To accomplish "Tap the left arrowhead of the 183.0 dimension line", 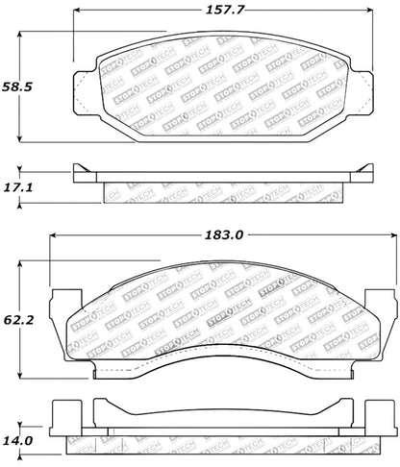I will click(x=52, y=233).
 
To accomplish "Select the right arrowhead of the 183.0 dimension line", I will click(x=392, y=233).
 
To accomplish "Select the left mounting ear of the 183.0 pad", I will click(x=59, y=307).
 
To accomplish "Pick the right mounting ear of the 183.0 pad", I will click(x=386, y=307).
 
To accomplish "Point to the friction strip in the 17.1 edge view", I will click(x=223, y=191).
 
